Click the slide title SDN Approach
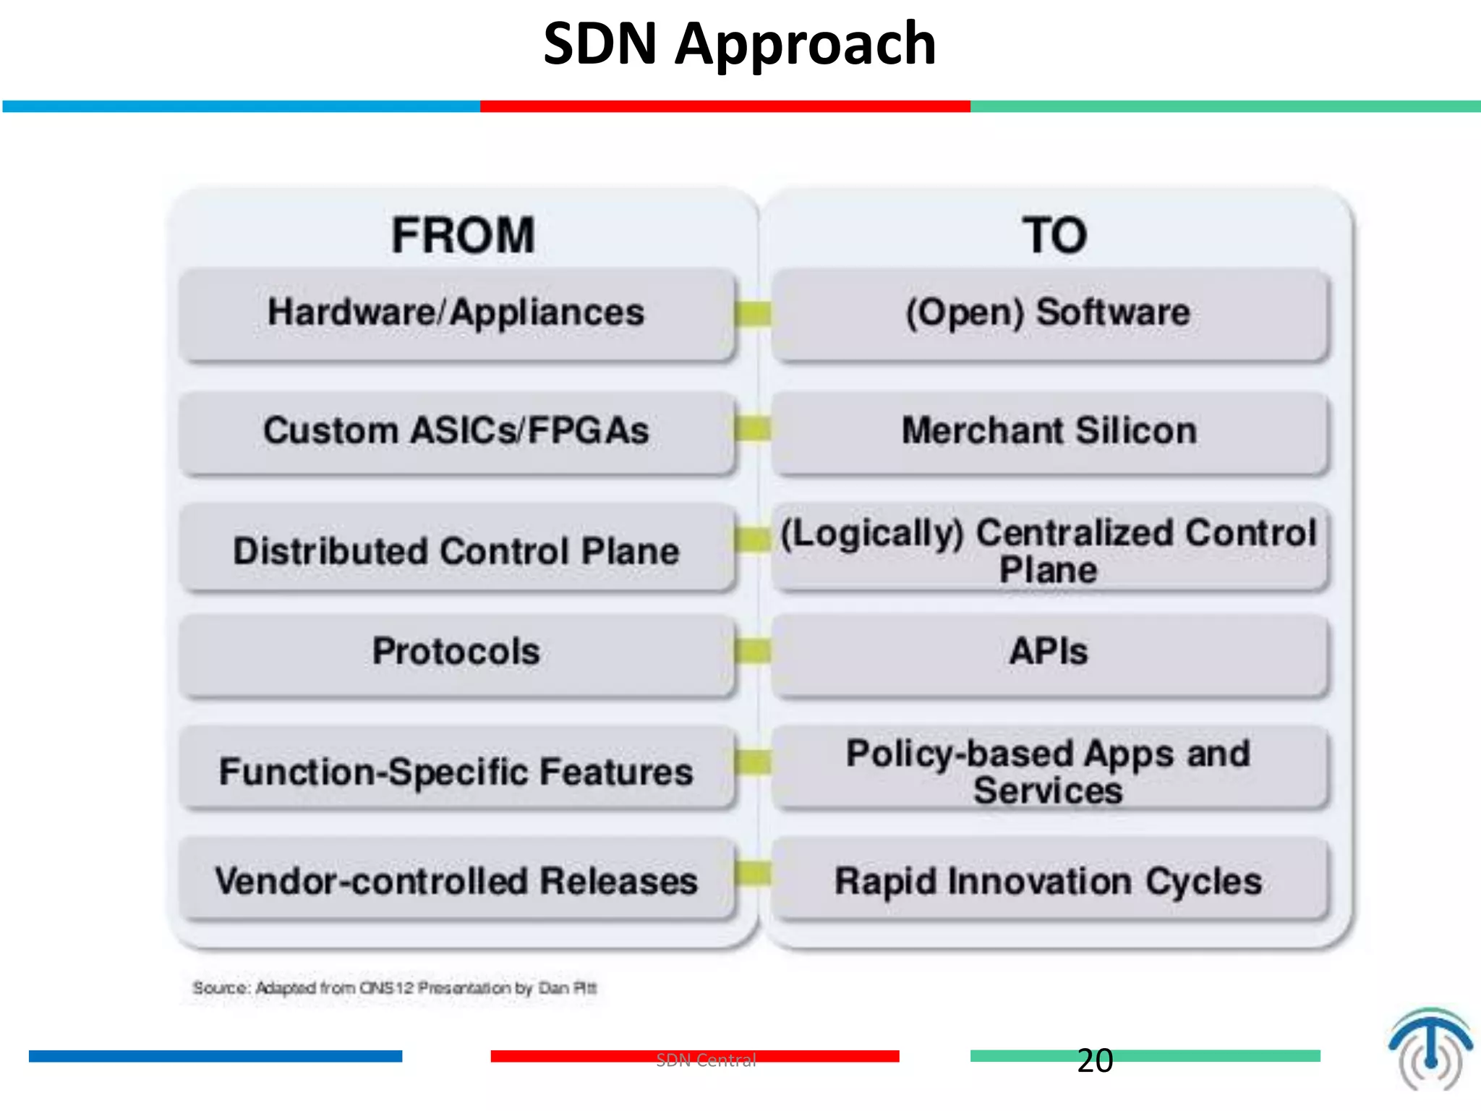pos(739,45)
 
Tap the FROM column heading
pos(463,235)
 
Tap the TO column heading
pos(1054,235)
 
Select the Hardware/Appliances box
pos(456,313)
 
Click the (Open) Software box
pos(1049,313)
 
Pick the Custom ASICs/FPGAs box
pos(456,431)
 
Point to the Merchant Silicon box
pos(1049,431)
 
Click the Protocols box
pos(456,652)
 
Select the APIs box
pos(1049,652)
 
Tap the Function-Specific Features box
pos(456,771)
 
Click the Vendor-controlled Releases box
pos(456,881)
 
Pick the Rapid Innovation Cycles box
pos(1049,881)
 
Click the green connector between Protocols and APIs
pos(753,651)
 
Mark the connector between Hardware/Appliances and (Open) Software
pos(753,313)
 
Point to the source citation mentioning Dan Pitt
pos(395,988)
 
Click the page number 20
pos(1095,1061)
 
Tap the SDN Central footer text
pos(706,1060)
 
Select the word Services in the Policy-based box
pos(1048,791)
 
